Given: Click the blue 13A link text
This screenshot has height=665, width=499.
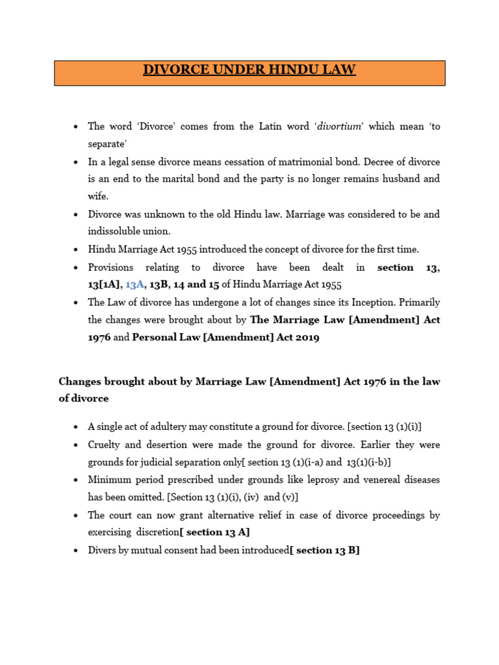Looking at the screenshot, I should (135, 284).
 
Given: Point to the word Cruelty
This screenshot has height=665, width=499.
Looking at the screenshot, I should (105, 445).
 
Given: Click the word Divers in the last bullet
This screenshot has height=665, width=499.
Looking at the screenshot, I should (103, 550).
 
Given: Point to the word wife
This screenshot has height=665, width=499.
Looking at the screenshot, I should (99, 196).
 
